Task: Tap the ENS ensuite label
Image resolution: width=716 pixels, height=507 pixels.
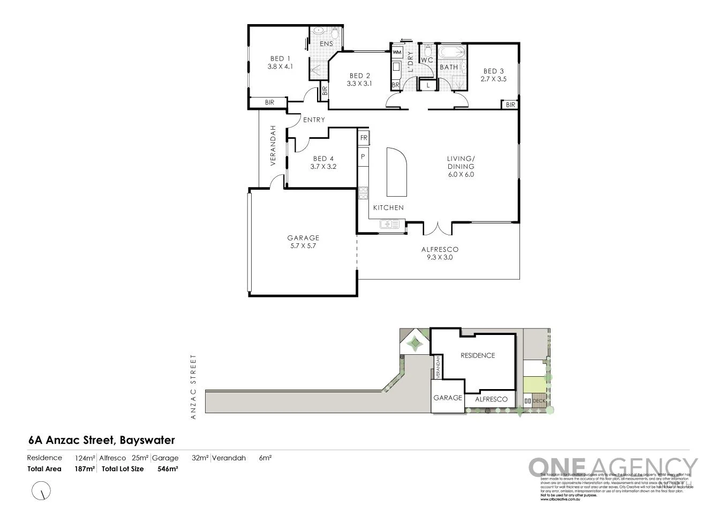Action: pyautogui.click(x=327, y=44)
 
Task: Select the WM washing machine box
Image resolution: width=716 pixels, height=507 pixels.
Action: pyautogui.click(x=397, y=53)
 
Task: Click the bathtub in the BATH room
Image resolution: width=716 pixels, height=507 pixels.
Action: pyautogui.click(x=452, y=53)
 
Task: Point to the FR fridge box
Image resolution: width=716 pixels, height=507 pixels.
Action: pyautogui.click(x=364, y=138)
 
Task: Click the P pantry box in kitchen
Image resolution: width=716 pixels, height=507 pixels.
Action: pyautogui.click(x=363, y=156)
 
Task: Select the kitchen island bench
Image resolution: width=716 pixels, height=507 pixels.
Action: pyautogui.click(x=396, y=173)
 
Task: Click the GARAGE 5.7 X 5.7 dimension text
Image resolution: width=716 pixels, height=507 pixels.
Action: pyautogui.click(x=303, y=247)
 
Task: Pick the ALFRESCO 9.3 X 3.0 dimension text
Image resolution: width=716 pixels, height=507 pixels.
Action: pyautogui.click(x=440, y=257)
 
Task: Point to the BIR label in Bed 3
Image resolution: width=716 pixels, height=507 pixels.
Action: pyautogui.click(x=510, y=105)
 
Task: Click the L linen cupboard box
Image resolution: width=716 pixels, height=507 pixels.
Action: pyautogui.click(x=428, y=85)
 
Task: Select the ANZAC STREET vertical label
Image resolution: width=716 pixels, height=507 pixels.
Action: pyautogui.click(x=194, y=386)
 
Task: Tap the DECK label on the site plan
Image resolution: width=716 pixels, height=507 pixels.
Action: pyautogui.click(x=538, y=401)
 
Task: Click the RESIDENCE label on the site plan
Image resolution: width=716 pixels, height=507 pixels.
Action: pyautogui.click(x=478, y=355)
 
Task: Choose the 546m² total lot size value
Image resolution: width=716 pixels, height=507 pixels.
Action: pyautogui.click(x=168, y=469)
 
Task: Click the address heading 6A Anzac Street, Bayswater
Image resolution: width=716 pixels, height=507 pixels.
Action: pyautogui.click(x=102, y=441)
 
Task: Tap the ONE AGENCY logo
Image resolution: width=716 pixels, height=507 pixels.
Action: pyautogui.click(x=613, y=467)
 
